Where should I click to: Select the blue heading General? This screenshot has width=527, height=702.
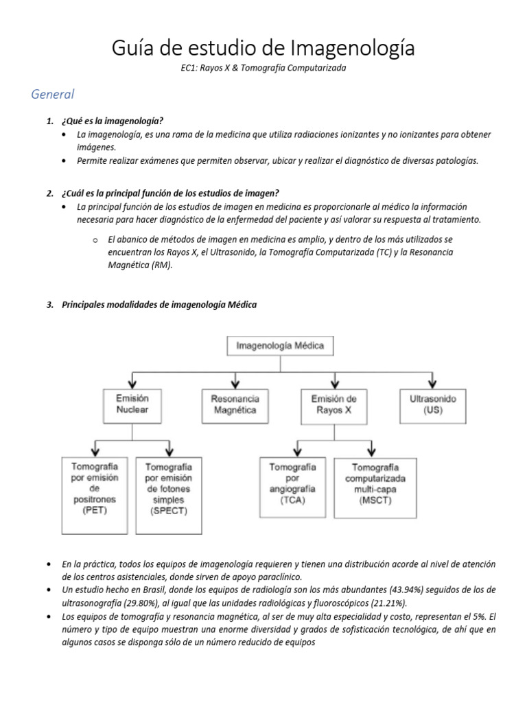coord(53,94)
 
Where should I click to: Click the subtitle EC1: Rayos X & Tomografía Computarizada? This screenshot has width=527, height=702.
coord(263,69)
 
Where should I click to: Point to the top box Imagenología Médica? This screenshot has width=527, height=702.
coord(280,346)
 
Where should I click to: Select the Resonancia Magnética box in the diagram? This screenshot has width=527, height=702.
coord(235,404)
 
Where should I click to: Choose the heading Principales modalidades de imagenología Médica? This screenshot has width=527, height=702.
coord(159,305)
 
